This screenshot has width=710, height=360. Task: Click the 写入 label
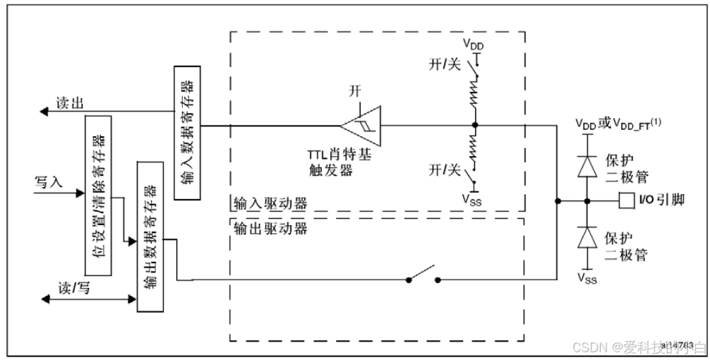[x=49, y=181]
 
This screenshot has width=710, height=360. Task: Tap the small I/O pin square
[x=623, y=201]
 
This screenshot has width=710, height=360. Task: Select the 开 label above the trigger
[x=355, y=92]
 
